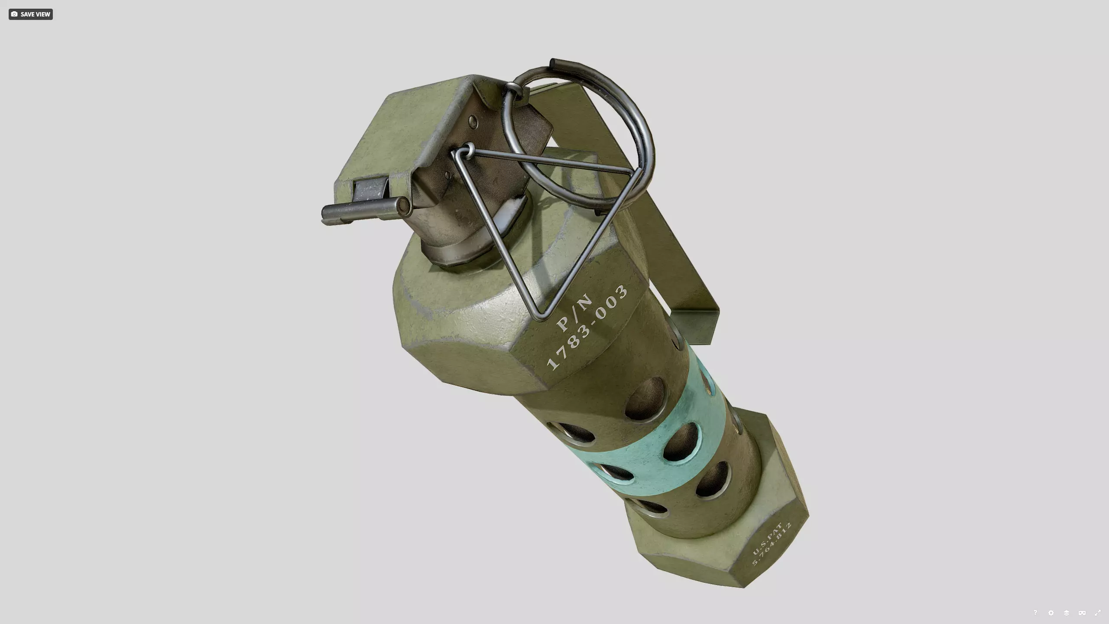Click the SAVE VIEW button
point(30,14)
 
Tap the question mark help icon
point(1035,612)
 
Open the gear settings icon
point(1051,612)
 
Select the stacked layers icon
point(1066,612)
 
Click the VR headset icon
point(1082,612)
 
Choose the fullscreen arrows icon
point(1097,612)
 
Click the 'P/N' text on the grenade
point(574,312)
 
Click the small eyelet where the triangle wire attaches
point(468,150)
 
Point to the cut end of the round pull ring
point(553,63)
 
